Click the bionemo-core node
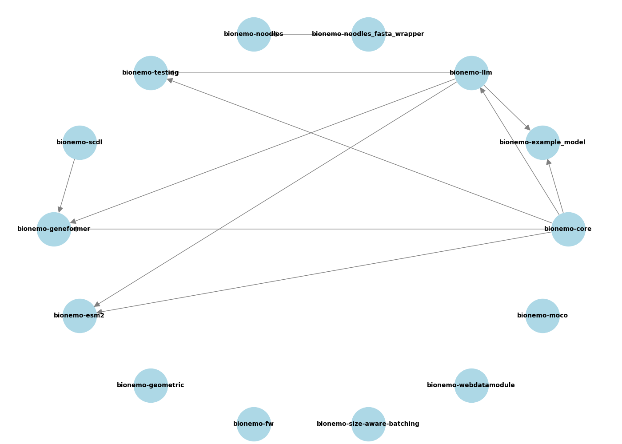click(x=568, y=229)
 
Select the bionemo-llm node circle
click(x=471, y=73)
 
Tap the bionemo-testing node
click(x=151, y=73)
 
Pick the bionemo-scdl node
click(x=80, y=143)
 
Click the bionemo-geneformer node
click(x=54, y=229)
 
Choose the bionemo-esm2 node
click(x=80, y=316)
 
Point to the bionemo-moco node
click(x=542, y=316)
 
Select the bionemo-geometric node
click(x=151, y=385)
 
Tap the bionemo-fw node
click(x=254, y=424)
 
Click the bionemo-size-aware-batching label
click(x=368, y=424)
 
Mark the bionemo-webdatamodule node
click(x=471, y=385)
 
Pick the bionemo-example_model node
click(x=542, y=143)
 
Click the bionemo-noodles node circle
click(x=254, y=34)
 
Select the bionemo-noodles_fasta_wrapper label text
click(x=368, y=34)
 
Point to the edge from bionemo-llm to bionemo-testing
click(x=311, y=73)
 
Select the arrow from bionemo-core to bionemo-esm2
click(x=324, y=272)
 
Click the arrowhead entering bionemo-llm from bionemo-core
click(x=483, y=91)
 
